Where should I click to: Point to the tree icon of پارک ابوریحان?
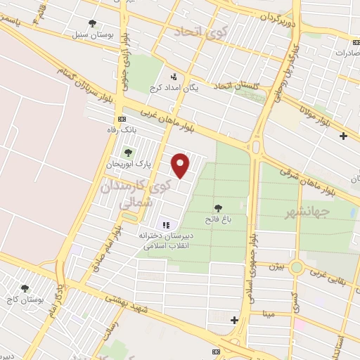[x=127, y=152]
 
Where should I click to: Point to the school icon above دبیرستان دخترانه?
[x=166, y=225]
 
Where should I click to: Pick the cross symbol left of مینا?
[x=234, y=321]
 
